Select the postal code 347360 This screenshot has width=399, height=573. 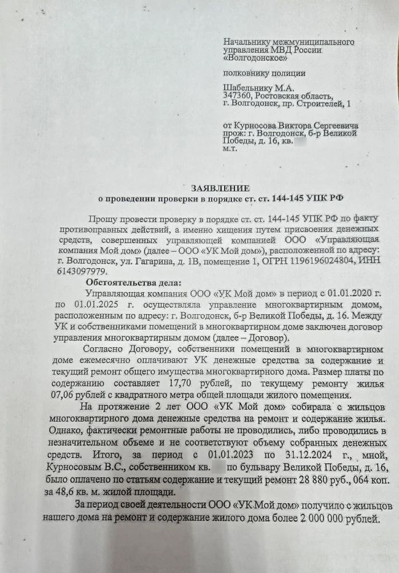[237, 96]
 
